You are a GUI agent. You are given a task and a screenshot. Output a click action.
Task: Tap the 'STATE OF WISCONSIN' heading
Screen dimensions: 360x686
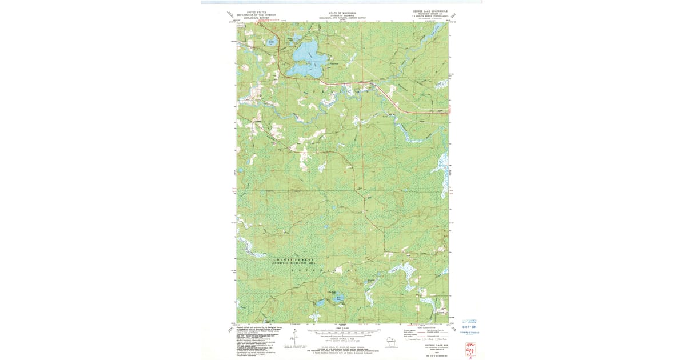[341, 12]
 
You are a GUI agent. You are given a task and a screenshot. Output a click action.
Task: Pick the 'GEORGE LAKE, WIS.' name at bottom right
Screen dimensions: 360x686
[433, 345]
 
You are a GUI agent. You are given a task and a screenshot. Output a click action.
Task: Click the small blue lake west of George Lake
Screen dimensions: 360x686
[272, 43]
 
